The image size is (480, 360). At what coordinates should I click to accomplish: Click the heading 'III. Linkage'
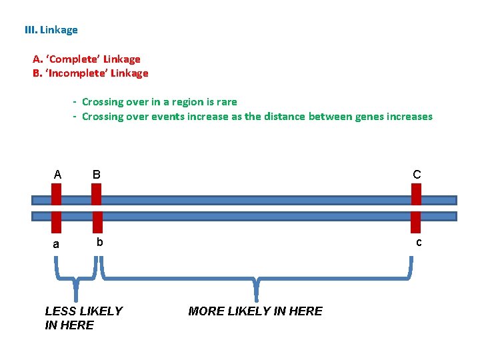(x=51, y=30)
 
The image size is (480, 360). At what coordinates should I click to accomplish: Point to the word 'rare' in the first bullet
(x=226, y=102)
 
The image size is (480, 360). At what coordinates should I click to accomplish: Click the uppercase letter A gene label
(x=57, y=175)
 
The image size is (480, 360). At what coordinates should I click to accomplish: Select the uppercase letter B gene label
(x=97, y=175)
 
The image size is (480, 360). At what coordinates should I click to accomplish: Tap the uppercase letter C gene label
(x=417, y=175)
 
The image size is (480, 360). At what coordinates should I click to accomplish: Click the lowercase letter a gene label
(x=56, y=244)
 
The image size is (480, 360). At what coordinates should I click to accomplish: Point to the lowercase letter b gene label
(x=99, y=242)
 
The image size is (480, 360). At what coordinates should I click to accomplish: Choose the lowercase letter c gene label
(x=419, y=242)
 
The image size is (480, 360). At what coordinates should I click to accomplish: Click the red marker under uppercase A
(x=57, y=194)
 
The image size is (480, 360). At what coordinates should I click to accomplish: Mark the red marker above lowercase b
(x=97, y=221)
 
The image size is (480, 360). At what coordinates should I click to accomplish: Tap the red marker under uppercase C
(x=417, y=194)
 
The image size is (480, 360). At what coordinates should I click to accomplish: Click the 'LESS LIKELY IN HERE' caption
(x=83, y=318)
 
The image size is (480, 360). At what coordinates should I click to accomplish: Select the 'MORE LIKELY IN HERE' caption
(x=255, y=311)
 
